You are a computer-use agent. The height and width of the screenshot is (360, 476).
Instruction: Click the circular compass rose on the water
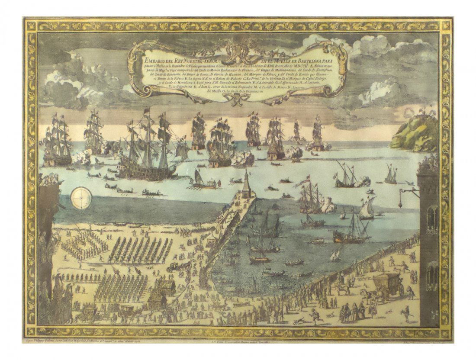pyautogui.click(x=80, y=197)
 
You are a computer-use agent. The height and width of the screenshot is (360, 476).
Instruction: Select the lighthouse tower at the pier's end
pyautogui.click(x=247, y=182)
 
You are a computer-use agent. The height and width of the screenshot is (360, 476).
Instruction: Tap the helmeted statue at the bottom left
pyautogui.click(x=68, y=299)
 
